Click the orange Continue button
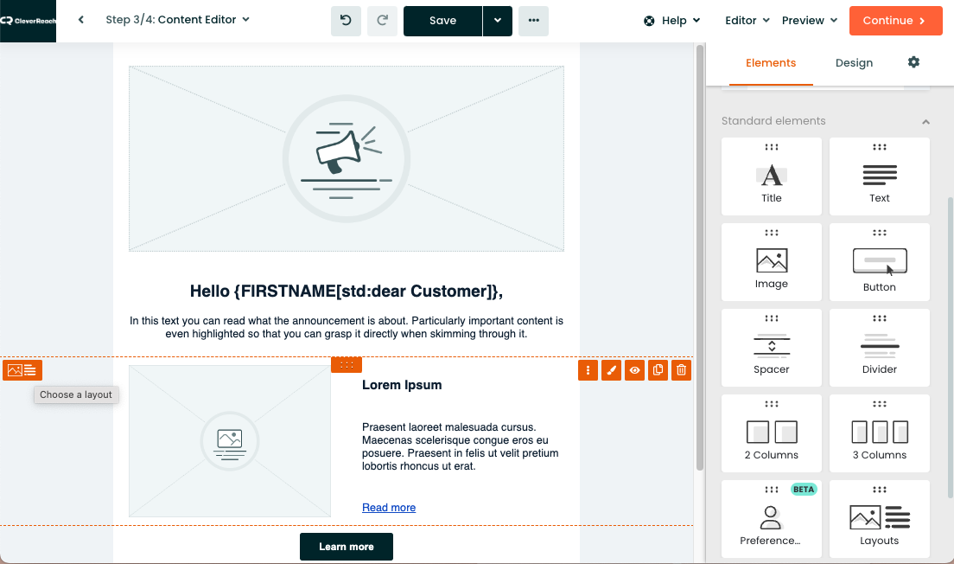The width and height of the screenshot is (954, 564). [895, 21]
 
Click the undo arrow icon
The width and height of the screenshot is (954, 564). [346, 21]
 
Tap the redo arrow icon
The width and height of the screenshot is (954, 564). [382, 21]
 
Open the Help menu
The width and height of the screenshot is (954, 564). [672, 21]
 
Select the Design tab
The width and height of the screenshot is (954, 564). [854, 63]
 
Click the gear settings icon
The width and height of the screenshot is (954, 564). [913, 62]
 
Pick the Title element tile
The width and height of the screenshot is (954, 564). [772, 176]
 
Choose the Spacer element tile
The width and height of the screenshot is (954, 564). [772, 348]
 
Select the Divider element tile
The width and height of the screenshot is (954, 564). [879, 348]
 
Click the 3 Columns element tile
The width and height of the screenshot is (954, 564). [879, 433]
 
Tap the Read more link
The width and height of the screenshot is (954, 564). [389, 508]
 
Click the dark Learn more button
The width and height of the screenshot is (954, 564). [347, 547]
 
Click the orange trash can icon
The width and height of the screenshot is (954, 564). [682, 369]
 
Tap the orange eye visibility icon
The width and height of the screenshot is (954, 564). [634, 369]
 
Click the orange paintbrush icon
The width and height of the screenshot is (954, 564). [612, 369]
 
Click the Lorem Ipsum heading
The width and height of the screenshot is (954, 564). [402, 385]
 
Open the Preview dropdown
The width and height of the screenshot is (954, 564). [809, 21]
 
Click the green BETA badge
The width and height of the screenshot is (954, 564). [803, 489]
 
